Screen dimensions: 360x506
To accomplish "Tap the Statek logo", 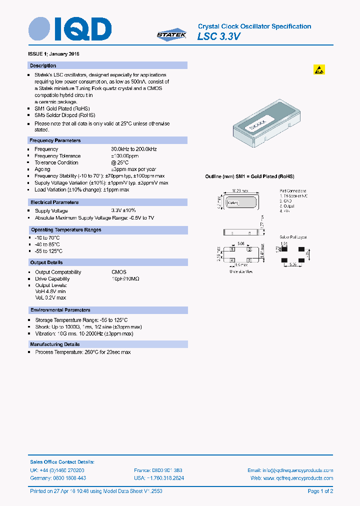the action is [x=171, y=34].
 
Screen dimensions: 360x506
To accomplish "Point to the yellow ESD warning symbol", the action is [x=319, y=69].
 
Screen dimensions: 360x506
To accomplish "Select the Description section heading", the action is [x=43, y=65].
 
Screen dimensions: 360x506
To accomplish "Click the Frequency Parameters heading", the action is [x=55, y=140].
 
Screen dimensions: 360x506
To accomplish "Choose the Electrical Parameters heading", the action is [x=54, y=202].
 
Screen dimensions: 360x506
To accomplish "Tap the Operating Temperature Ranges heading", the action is [x=66, y=230].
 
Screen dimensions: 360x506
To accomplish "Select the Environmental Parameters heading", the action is [x=60, y=310].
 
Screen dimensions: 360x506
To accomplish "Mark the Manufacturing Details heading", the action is [x=55, y=344].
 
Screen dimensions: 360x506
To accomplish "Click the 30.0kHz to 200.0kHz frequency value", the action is [x=134, y=149].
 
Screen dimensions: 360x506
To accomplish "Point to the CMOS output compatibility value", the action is [x=118, y=272].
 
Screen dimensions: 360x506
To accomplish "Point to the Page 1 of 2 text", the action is [x=320, y=491].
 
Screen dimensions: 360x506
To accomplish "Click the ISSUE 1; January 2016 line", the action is [x=53, y=53].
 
